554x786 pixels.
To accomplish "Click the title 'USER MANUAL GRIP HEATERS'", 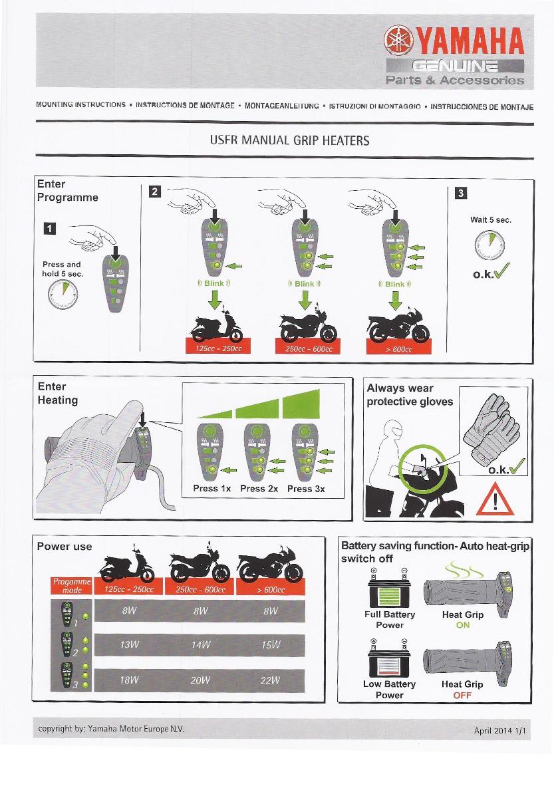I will click(x=289, y=140).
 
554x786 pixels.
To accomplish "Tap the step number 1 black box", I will click(x=50, y=229).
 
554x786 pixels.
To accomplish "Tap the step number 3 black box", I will click(x=460, y=194).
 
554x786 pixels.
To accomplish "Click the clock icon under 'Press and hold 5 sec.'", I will click(x=61, y=293).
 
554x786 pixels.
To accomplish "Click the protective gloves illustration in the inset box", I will click(x=493, y=426).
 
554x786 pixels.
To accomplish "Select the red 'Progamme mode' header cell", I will click(x=67, y=586).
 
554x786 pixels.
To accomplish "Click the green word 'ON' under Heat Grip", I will click(x=463, y=625).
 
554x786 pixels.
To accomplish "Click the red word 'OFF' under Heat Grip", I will click(x=462, y=695).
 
